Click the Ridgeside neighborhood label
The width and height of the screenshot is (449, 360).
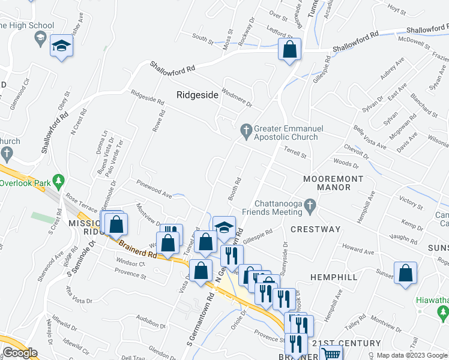point(197,95)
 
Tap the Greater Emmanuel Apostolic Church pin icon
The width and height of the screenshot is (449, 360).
point(245,129)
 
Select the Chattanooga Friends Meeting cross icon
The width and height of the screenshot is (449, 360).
point(310,206)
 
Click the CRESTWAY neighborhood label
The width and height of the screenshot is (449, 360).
point(315,229)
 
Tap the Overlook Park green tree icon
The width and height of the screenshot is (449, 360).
point(58,180)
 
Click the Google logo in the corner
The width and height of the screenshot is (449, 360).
point(19,353)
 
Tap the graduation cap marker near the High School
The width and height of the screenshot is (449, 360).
point(61,46)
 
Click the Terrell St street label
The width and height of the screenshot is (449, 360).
point(295,154)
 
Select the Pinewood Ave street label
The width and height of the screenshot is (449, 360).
point(154,190)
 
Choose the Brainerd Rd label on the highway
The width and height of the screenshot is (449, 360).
point(138,248)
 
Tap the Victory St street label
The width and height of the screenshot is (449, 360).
point(411,203)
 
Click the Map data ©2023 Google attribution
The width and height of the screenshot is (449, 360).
point(412,355)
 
